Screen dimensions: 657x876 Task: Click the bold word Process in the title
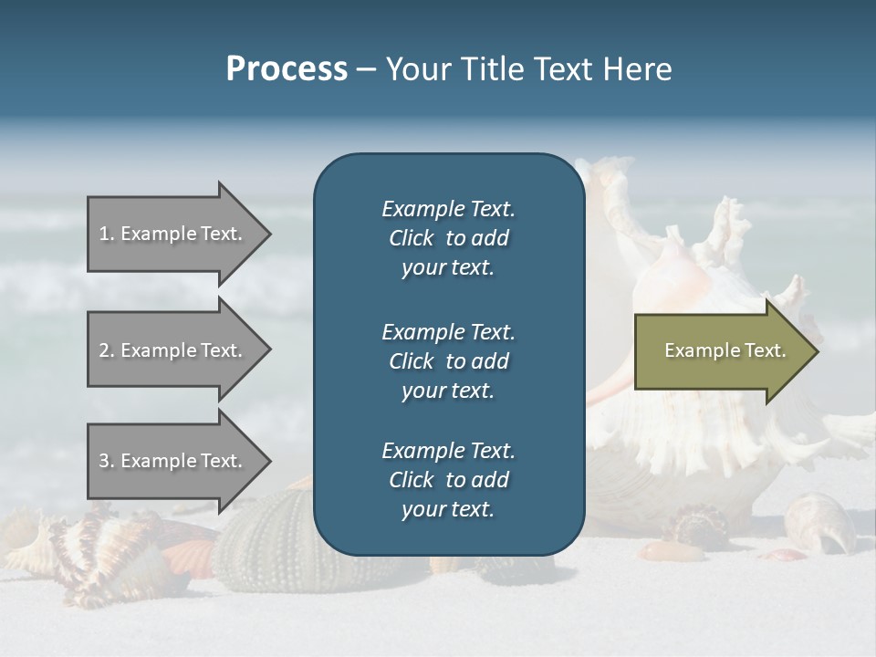(x=287, y=69)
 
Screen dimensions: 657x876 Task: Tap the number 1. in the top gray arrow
(x=107, y=234)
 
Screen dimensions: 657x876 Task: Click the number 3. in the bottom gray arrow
(x=107, y=461)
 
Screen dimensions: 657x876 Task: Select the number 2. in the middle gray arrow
(x=107, y=350)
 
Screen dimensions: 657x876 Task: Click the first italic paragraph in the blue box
(x=448, y=238)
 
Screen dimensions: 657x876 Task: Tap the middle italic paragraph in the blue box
(x=448, y=360)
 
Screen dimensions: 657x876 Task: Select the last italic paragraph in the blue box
(x=448, y=480)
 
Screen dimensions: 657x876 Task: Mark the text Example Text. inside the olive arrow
(x=725, y=350)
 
